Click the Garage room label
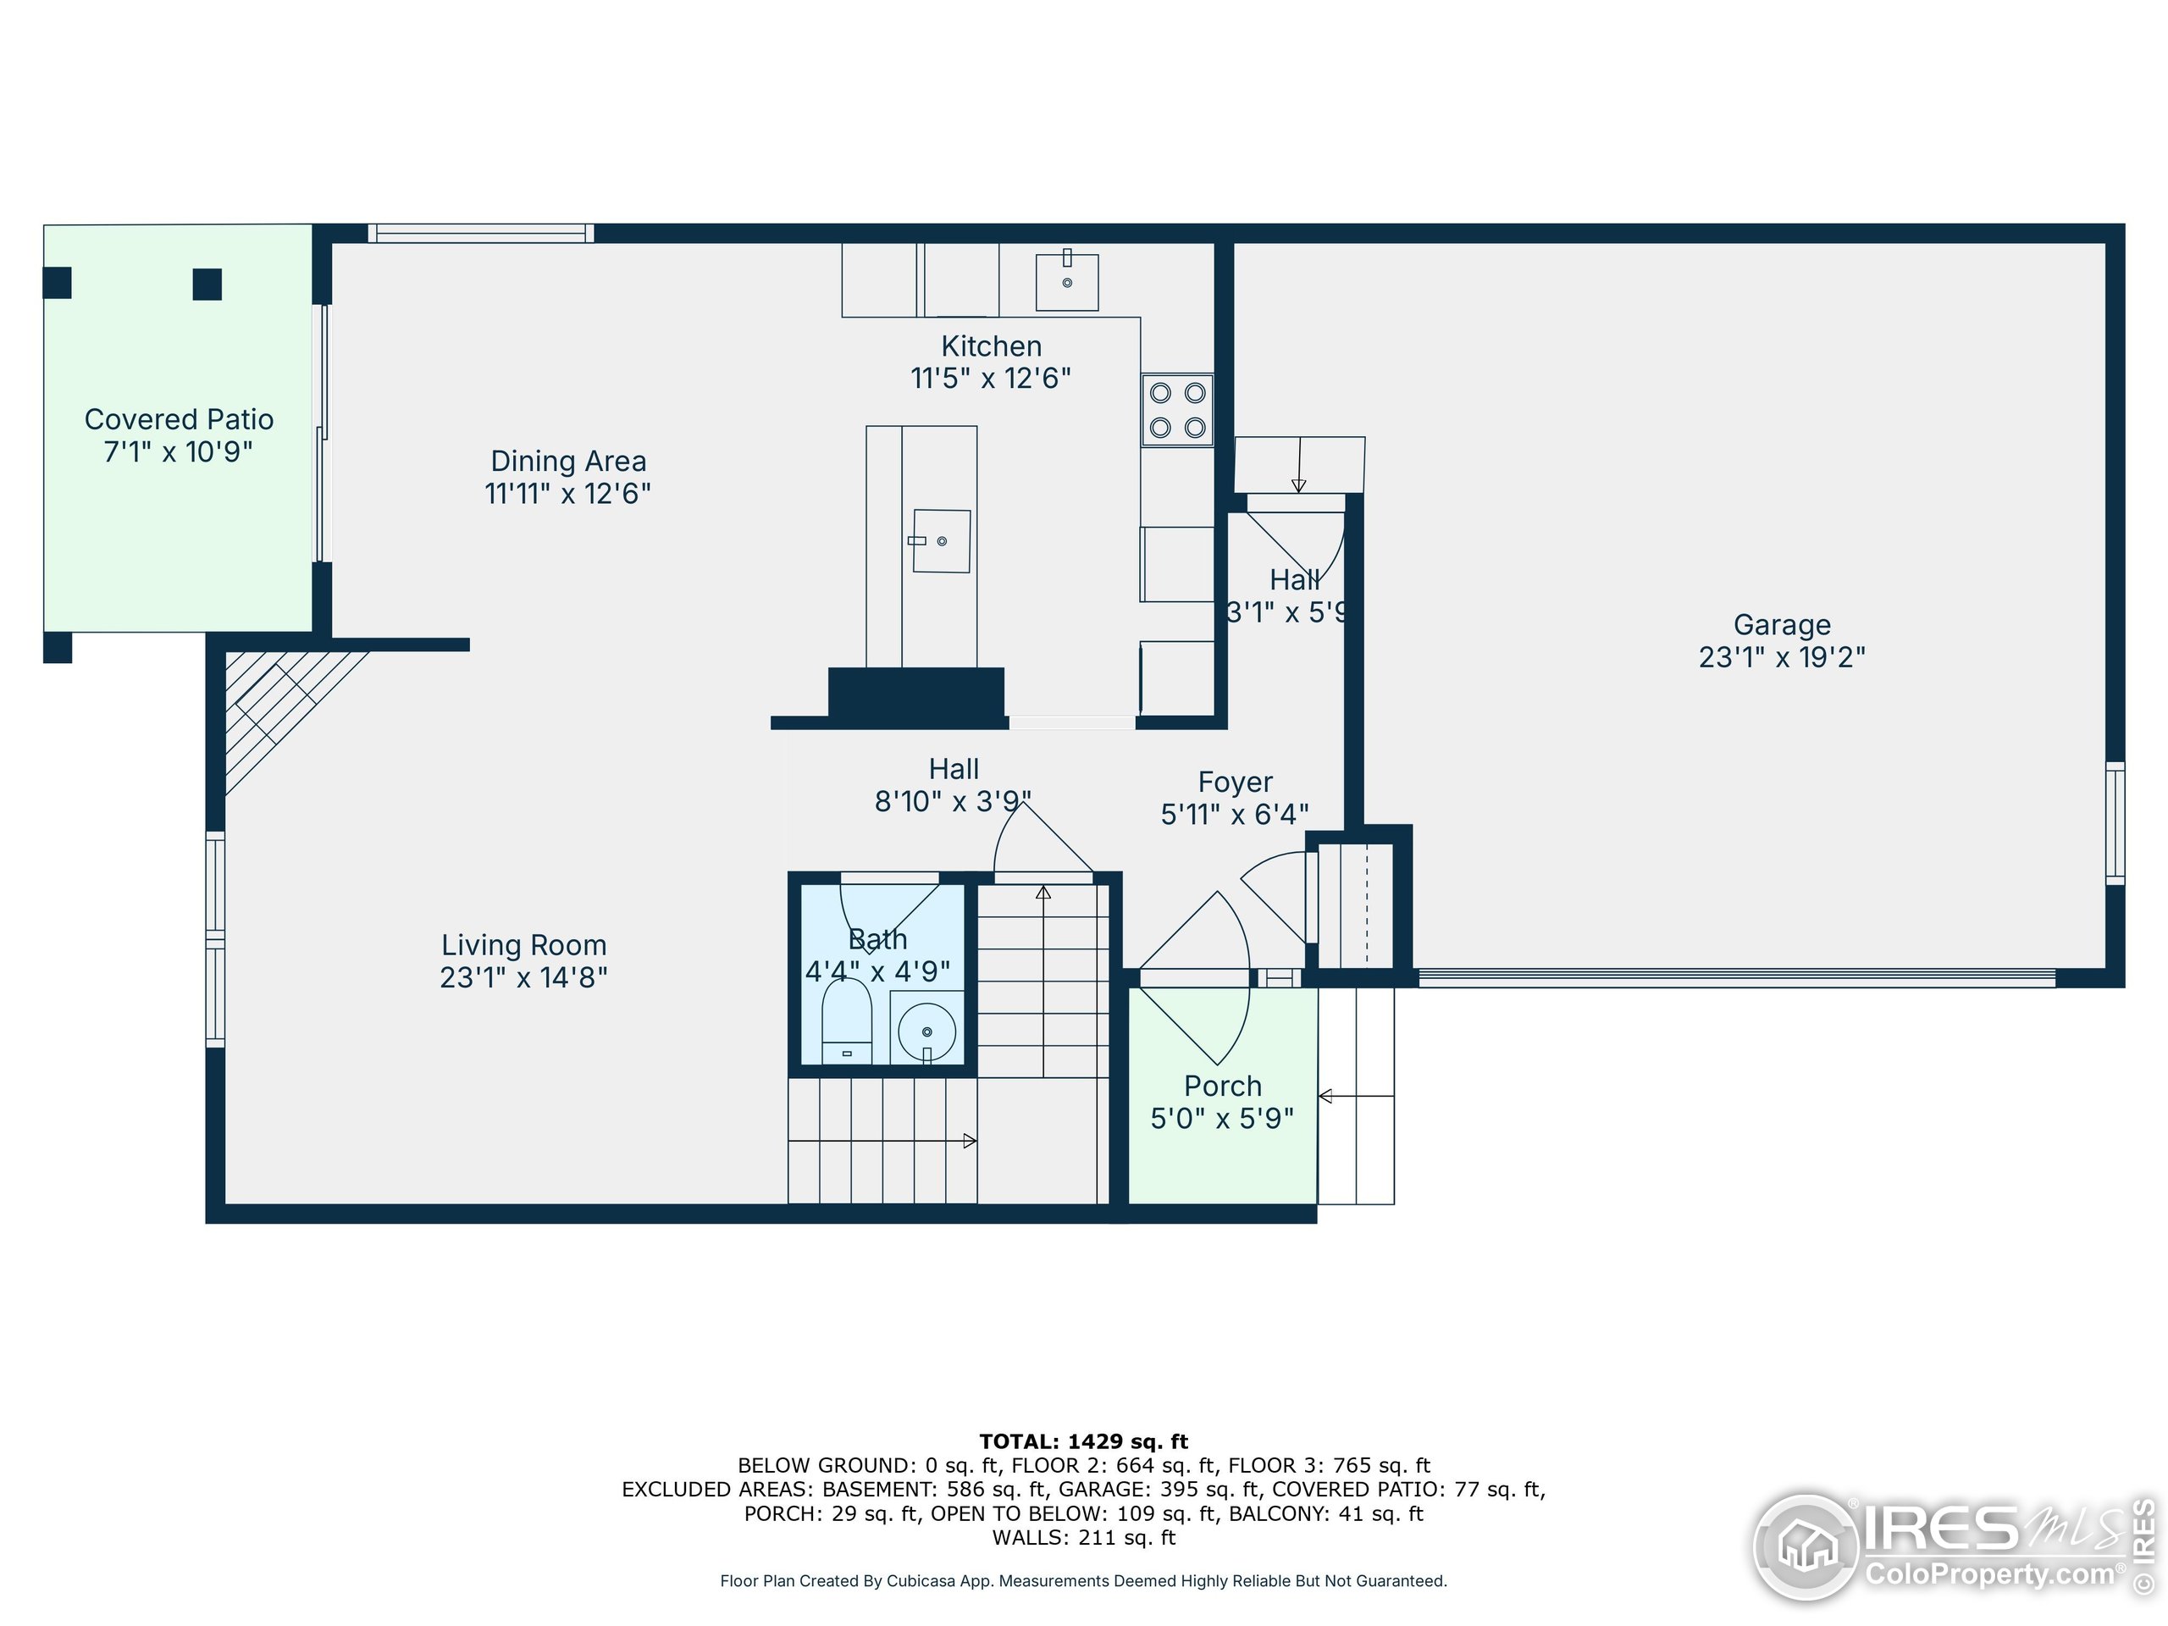(x=1781, y=624)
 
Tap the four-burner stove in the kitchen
(x=1177, y=410)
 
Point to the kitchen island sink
(x=941, y=540)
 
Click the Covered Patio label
(x=179, y=419)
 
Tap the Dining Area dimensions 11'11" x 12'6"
(x=567, y=493)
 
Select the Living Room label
(x=523, y=945)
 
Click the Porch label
(x=1222, y=1086)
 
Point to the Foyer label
(x=1235, y=783)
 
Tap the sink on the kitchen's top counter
(x=1066, y=280)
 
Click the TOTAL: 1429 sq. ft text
(x=1083, y=1441)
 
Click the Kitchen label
(x=991, y=346)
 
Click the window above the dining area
(x=480, y=233)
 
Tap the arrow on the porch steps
(x=1354, y=1096)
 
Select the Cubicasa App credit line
(x=1083, y=1581)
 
